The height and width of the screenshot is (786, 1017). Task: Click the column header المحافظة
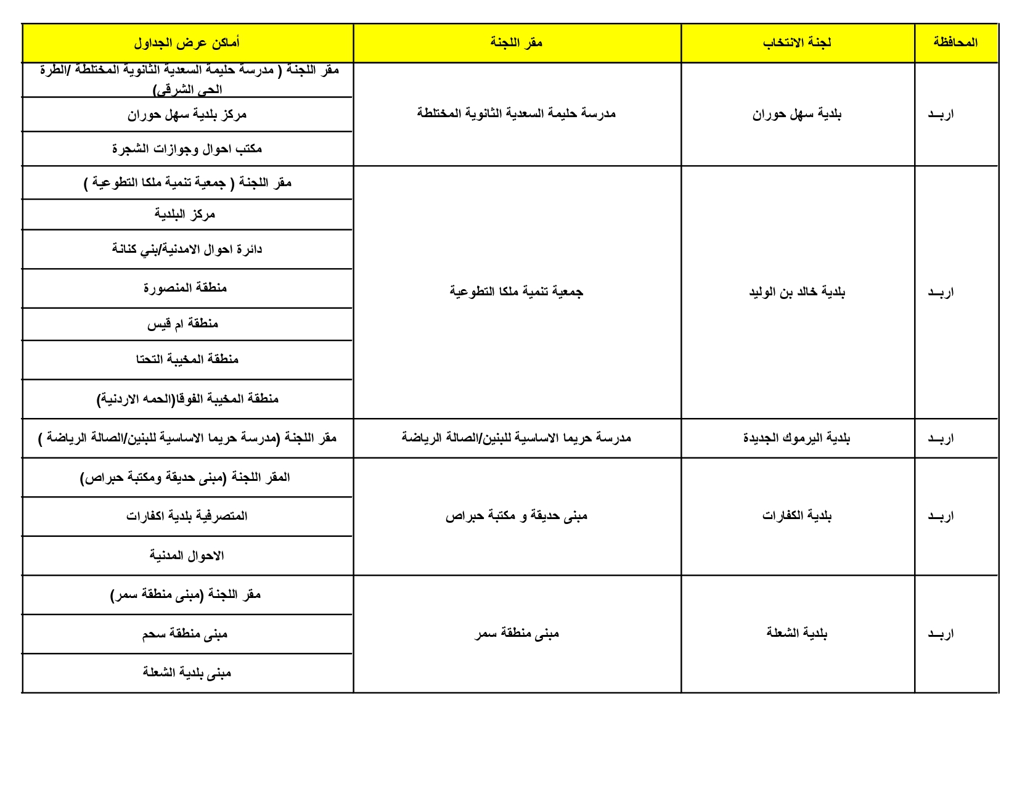[955, 43]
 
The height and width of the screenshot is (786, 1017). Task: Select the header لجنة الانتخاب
[797, 43]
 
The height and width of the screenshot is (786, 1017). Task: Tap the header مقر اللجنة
[517, 43]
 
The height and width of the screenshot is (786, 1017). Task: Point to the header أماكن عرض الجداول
[187, 43]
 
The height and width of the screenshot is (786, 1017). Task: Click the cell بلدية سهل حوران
[797, 114]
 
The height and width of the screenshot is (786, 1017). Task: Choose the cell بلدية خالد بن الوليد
[797, 292]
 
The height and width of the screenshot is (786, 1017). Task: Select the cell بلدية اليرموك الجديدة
[797, 438]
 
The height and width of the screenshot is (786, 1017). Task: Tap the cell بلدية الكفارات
[797, 516]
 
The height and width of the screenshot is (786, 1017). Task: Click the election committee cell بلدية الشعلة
[797, 633]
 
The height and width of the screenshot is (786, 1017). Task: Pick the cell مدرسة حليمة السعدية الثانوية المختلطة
[517, 113]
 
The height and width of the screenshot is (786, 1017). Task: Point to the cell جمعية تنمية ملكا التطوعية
[517, 292]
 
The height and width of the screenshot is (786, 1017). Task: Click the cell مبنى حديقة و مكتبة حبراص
[517, 516]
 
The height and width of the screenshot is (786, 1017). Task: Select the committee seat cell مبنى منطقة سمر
[517, 633]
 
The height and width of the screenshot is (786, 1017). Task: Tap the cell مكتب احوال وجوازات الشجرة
[187, 149]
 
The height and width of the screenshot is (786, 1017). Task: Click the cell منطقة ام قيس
[183, 324]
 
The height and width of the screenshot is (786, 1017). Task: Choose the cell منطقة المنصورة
[186, 288]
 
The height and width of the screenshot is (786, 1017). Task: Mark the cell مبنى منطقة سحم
[185, 634]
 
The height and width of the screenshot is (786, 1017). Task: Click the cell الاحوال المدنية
[187, 555]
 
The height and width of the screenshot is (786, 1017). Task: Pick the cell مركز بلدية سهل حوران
[187, 115]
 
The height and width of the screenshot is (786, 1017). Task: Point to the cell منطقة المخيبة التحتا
[187, 359]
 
